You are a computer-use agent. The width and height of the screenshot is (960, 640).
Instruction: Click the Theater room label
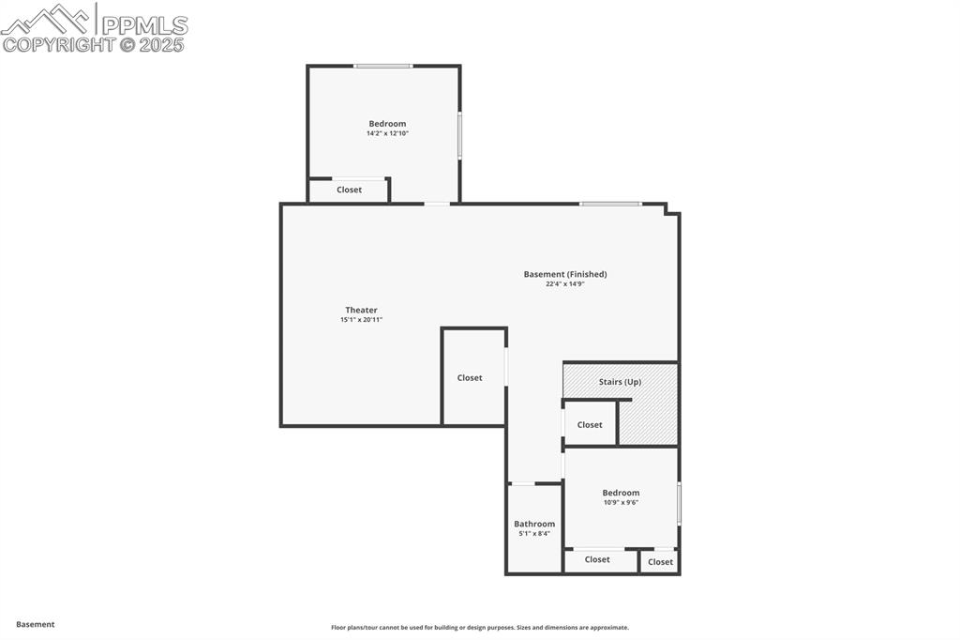point(361,310)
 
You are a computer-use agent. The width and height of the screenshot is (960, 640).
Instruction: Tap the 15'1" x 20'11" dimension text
point(361,320)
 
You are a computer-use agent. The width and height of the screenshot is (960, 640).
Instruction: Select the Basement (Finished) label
point(565,274)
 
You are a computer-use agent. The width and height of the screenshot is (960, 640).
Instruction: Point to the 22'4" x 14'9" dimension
point(565,283)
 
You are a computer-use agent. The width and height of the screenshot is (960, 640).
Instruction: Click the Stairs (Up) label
point(620,382)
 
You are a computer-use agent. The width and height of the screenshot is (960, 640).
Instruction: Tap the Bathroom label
point(534,524)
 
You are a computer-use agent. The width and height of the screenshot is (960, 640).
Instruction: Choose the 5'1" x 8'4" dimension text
point(534,533)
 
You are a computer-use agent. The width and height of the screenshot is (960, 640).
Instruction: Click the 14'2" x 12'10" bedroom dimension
point(387,133)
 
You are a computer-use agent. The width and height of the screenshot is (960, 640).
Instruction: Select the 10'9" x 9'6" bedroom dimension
point(621,502)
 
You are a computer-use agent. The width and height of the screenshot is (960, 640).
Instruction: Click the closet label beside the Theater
point(470,377)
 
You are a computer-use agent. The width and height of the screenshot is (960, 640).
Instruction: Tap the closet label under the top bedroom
point(349,190)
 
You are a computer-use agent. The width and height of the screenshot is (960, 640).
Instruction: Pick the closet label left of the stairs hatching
point(590,424)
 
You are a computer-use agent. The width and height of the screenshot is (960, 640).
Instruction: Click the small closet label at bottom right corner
point(660,562)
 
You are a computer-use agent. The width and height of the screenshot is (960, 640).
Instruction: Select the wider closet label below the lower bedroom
point(597,559)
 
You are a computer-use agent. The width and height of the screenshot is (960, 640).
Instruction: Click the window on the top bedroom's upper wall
point(382,66)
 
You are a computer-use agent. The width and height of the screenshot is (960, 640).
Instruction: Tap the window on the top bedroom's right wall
point(459,135)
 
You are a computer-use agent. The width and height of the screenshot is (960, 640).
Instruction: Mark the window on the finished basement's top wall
point(610,204)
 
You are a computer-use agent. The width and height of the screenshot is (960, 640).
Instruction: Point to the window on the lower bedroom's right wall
point(679,503)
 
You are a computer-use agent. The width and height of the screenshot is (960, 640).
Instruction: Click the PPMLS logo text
point(143,25)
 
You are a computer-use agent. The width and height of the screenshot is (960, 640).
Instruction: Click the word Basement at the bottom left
point(36,624)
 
